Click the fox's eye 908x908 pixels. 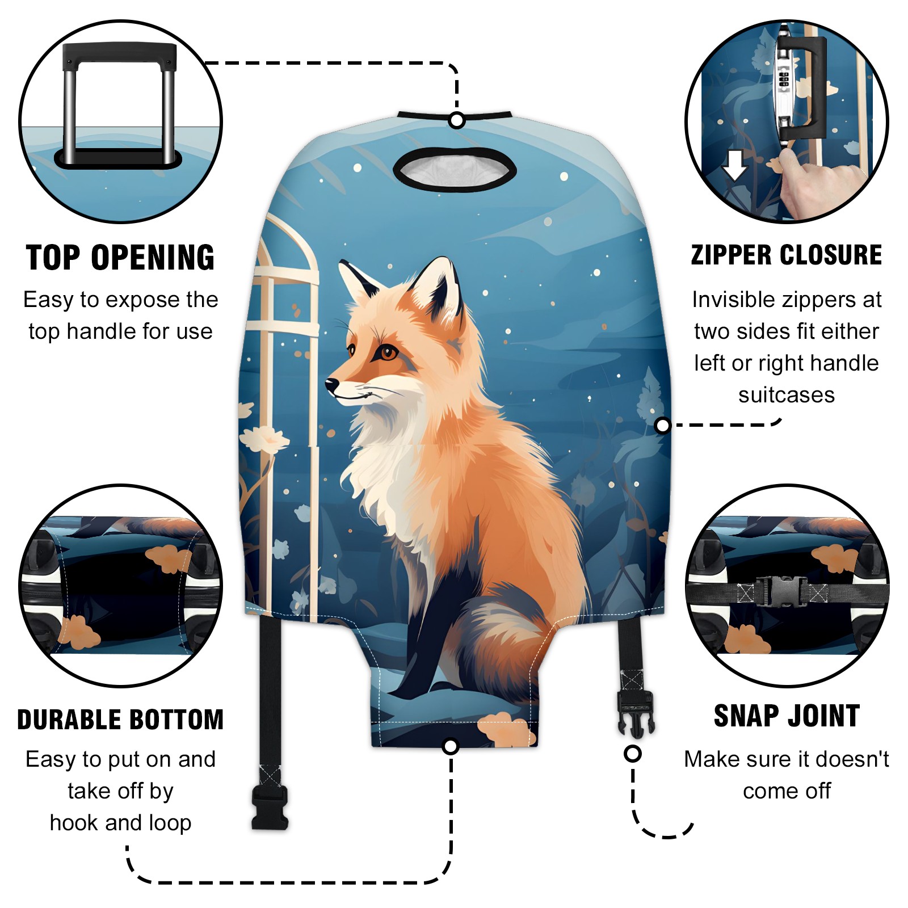pos(389,354)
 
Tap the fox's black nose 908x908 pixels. pos(331,386)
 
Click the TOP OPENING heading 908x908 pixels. pos(120,258)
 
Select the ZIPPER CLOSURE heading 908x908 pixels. pos(787,255)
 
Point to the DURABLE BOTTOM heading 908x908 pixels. pos(120,719)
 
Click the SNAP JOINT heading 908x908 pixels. pos(787,716)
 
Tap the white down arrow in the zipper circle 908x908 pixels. pos(734,165)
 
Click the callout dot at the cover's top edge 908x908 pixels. pos(457,120)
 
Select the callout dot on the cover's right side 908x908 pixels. pos(662,425)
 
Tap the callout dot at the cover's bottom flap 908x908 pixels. pos(451,746)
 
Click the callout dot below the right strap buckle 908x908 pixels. pos(633,754)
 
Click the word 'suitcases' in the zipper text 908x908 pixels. pos(787,395)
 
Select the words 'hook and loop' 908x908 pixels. pos(120,823)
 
